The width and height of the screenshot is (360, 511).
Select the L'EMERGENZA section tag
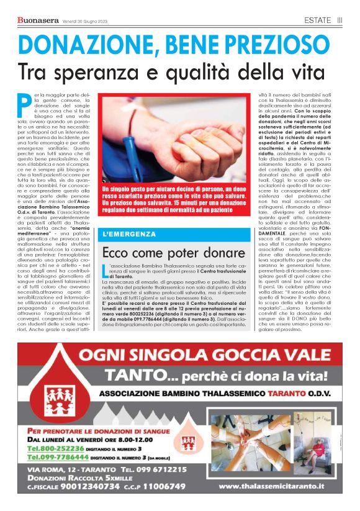pyautogui.click(x=130, y=234)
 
